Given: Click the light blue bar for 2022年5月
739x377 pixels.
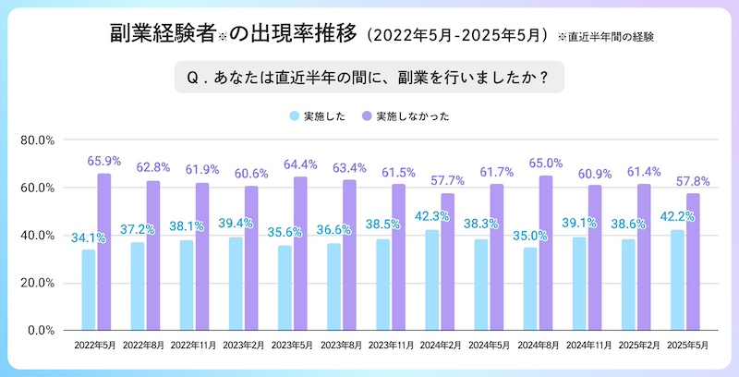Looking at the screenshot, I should (x=89, y=289).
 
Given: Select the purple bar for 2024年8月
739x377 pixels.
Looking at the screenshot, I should (x=546, y=252).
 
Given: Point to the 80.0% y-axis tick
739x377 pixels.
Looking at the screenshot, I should (x=39, y=140).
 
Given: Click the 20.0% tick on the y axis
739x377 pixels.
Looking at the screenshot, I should (x=39, y=283).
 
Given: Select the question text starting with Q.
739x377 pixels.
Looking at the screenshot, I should (x=369, y=79).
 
